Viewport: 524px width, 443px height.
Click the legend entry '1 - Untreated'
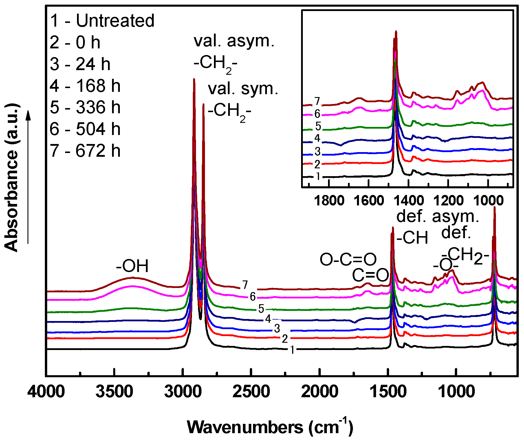pyautogui.click(x=102, y=21)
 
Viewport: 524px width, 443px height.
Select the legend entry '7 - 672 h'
pyautogui.click(x=85, y=151)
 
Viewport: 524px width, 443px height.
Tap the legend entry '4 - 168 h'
pyautogui.click(x=85, y=86)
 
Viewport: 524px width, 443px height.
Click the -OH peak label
pyautogui.click(x=132, y=266)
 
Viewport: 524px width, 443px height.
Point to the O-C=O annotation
pyautogui.click(x=348, y=260)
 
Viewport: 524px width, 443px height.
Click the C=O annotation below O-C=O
pyautogui.click(x=370, y=275)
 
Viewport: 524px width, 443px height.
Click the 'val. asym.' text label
pyautogui.click(x=234, y=41)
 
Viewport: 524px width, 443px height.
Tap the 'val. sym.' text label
pyautogui.click(x=243, y=89)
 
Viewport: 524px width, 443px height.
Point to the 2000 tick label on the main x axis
pyautogui.click(x=320, y=392)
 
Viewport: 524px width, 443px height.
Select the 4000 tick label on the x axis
pyautogui.click(x=46, y=392)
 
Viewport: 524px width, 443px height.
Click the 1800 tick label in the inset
pyautogui.click(x=329, y=201)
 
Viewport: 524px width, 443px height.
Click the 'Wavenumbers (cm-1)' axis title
pyautogui.click(x=270, y=427)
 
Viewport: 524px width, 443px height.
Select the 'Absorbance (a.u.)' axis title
pyautogui.click(x=12, y=177)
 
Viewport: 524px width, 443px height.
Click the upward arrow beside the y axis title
pyautogui.click(x=28, y=177)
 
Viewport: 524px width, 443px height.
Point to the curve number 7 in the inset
pyautogui.click(x=318, y=101)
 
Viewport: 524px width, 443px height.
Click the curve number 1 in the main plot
pyautogui.click(x=292, y=350)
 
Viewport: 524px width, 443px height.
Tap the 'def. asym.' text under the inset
pyautogui.click(x=437, y=216)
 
